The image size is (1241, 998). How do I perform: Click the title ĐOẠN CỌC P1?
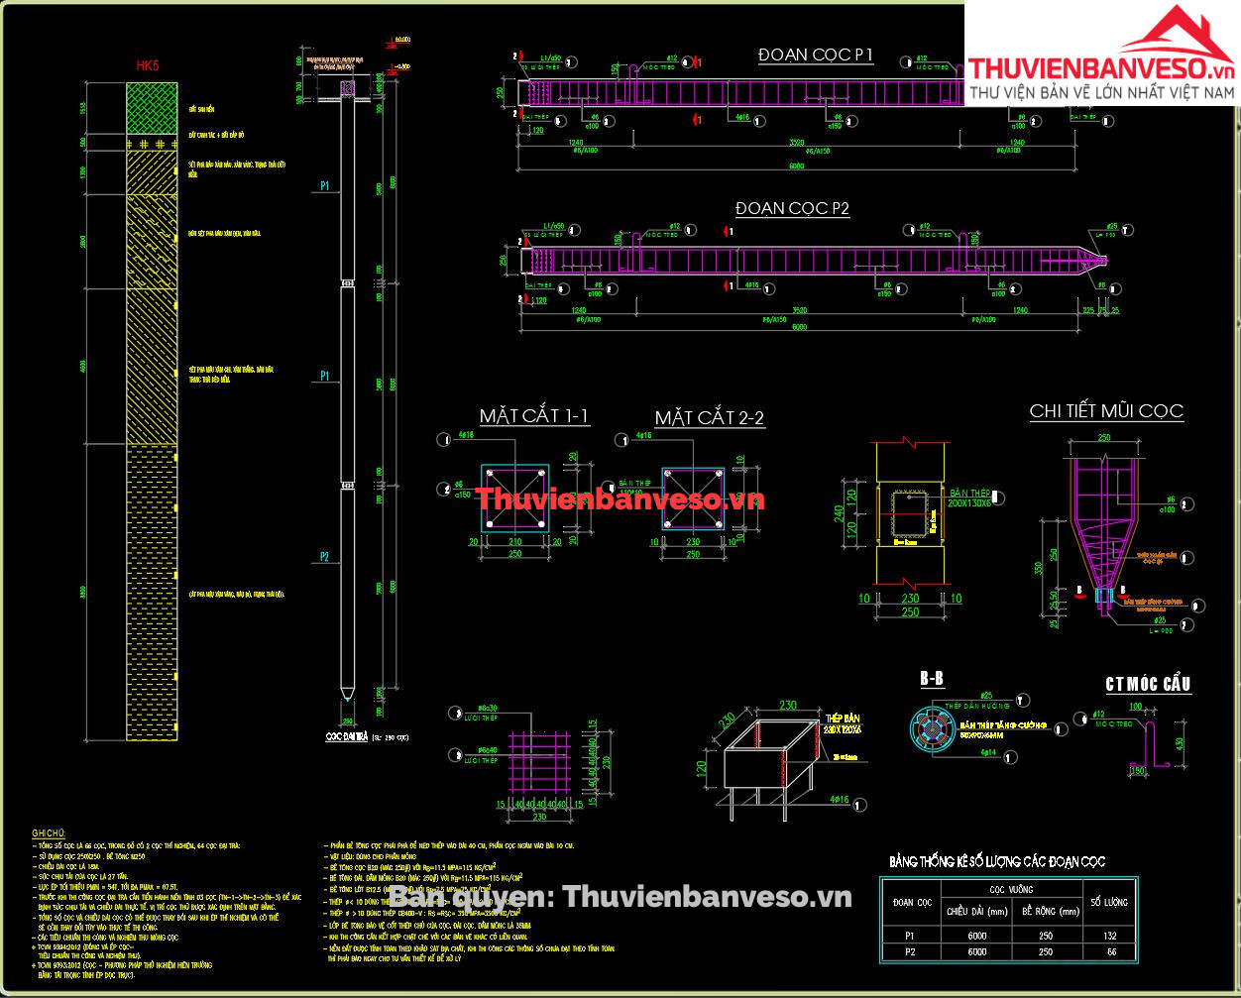click(x=816, y=55)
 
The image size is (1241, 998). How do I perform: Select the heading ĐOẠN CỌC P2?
click(x=792, y=209)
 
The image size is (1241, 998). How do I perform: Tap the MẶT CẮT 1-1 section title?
click(x=534, y=416)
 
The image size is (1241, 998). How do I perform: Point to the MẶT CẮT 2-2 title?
click(x=710, y=418)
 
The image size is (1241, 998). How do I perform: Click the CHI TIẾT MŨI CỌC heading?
click(x=1106, y=411)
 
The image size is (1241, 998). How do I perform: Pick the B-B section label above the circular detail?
click(x=932, y=680)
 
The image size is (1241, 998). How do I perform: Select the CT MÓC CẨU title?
click(x=1148, y=684)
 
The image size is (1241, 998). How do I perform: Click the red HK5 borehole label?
click(x=148, y=65)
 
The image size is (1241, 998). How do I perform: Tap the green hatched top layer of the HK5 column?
click(x=152, y=108)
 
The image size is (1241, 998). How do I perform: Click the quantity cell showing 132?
click(x=1109, y=935)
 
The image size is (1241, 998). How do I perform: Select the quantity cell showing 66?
click(x=1109, y=951)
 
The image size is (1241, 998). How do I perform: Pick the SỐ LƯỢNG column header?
click(x=1109, y=902)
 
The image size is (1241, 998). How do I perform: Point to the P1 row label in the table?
click(x=911, y=935)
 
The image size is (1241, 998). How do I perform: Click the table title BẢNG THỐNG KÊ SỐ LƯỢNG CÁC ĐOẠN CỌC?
click(x=997, y=861)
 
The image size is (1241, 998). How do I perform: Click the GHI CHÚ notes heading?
click(x=49, y=833)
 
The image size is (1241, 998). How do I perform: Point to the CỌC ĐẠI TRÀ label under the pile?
click(x=347, y=737)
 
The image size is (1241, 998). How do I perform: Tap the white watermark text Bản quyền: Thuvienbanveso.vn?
click(x=620, y=897)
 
